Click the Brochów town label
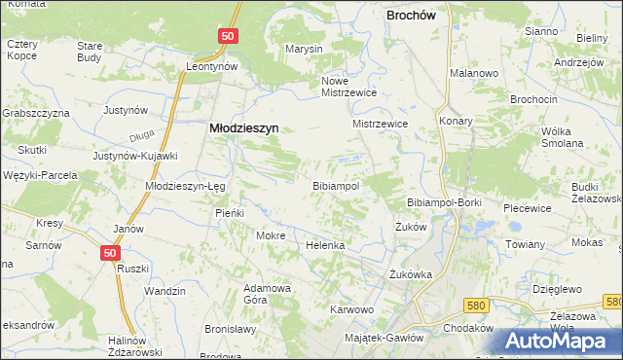pos(418,16)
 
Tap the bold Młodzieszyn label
pos(243,126)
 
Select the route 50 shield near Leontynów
pos(227,36)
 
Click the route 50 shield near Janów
pos(111,252)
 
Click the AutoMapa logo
pos(563,341)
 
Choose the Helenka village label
pos(325,245)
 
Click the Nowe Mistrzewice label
pos(348,87)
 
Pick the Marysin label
pos(303,49)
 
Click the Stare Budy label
pos(90,52)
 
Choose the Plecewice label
pos(528,208)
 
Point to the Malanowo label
pos(474,73)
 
